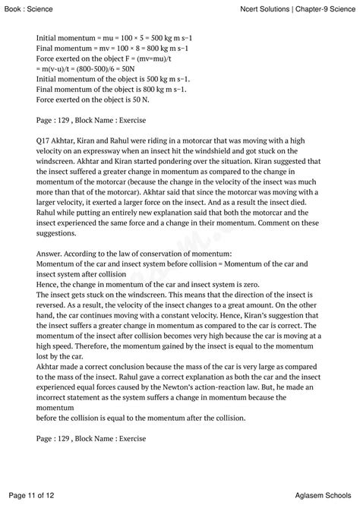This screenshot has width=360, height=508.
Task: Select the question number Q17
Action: pos(44,141)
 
